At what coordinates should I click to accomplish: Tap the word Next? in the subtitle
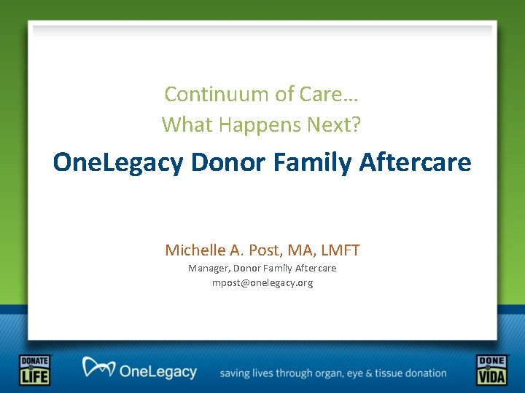(337, 124)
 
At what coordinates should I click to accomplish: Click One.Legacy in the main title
(118, 162)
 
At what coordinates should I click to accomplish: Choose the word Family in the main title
(313, 162)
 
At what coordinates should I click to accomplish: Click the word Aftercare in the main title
(415, 162)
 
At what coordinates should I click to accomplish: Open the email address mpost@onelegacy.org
(262, 282)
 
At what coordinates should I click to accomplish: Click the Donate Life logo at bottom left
(34, 370)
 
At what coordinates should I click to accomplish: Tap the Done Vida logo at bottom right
(491, 370)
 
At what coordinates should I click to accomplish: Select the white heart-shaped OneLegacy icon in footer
(98, 368)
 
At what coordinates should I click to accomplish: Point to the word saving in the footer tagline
(236, 373)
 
